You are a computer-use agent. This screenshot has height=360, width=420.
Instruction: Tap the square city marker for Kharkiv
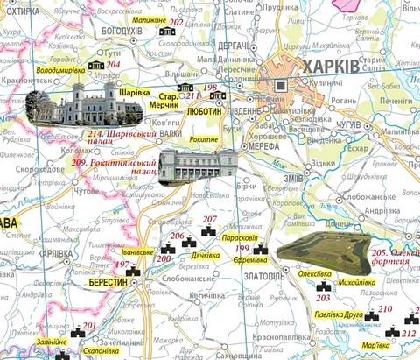281,86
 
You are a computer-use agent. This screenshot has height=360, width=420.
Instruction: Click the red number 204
113,64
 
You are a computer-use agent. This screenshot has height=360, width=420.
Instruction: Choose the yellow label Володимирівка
63,67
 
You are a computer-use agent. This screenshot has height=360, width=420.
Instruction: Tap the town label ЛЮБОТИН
207,112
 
